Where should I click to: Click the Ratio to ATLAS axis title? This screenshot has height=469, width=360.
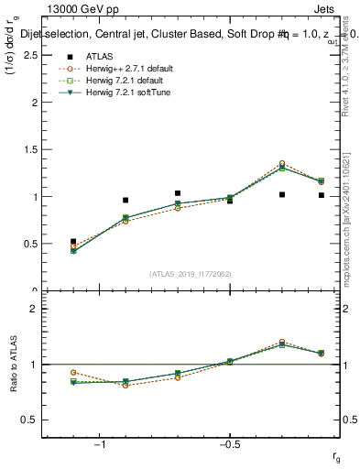[12, 365]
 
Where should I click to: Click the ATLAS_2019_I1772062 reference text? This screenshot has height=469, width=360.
[191, 274]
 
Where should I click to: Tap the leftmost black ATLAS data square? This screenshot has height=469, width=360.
[73, 242]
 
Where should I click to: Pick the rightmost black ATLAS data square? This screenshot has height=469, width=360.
[322, 195]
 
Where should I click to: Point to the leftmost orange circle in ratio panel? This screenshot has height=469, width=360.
[73, 373]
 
